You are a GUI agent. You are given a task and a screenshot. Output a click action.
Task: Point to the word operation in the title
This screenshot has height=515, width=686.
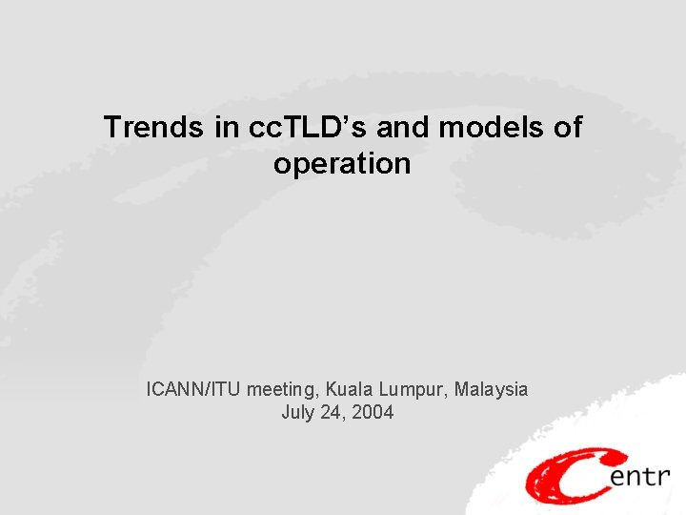click(x=342, y=164)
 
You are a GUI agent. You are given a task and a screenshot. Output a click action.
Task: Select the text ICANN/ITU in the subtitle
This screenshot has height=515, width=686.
click(x=194, y=389)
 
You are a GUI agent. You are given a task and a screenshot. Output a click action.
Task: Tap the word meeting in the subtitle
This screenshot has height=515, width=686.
click(x=282, y=390)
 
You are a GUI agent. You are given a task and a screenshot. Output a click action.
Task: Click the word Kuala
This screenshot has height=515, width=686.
click(x=348, y=389)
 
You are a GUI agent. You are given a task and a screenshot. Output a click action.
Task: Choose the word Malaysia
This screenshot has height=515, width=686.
click(x=491, y=389)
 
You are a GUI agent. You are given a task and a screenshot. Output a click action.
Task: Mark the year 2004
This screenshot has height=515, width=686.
click(x=373, y=413)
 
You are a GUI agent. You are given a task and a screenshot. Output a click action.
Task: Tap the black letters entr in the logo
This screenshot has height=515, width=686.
click(x=638, y=476)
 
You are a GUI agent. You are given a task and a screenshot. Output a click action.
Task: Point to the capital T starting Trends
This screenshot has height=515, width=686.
click(x=112, y=127)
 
